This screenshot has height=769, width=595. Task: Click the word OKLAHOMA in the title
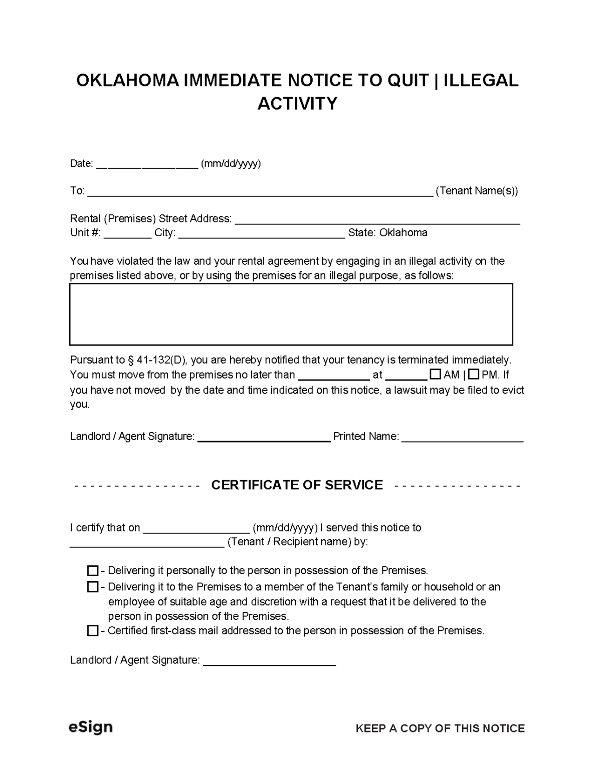click(x=127, y=81)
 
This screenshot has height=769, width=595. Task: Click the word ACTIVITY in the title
click(x=297, y=104)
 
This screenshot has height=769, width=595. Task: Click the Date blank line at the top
click(x=147, y=165)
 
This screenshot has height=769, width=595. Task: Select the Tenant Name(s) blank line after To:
click(x=260, y=192)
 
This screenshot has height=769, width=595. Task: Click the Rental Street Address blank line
click(x=377, y=220)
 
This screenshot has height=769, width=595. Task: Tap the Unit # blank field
click(x=127, y=234)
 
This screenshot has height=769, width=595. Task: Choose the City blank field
click(x=261, y=234)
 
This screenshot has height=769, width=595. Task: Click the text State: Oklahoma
click(x=387, y=233)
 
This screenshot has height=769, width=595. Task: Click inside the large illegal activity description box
click(x=291, y=314)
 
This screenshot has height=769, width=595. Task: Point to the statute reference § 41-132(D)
click(x=156, y=360)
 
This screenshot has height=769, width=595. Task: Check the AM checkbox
click(x=436, y=374)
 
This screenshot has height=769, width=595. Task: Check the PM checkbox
click(x=473, y=374)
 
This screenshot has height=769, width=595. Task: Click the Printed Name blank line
click(x=462, y=438)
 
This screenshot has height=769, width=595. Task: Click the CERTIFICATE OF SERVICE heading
click(x=297, y=485)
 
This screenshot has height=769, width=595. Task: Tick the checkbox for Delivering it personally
click(x=93, y=571)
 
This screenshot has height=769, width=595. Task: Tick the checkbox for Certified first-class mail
click(x=93, y=631)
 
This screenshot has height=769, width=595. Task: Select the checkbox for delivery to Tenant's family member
click(x=93, y=587)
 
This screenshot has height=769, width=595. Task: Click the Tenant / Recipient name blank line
click(x=146, y=543)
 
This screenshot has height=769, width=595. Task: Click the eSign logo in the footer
click(x=90, y=727)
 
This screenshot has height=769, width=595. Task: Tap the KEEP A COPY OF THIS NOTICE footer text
click(x=440, y=728)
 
